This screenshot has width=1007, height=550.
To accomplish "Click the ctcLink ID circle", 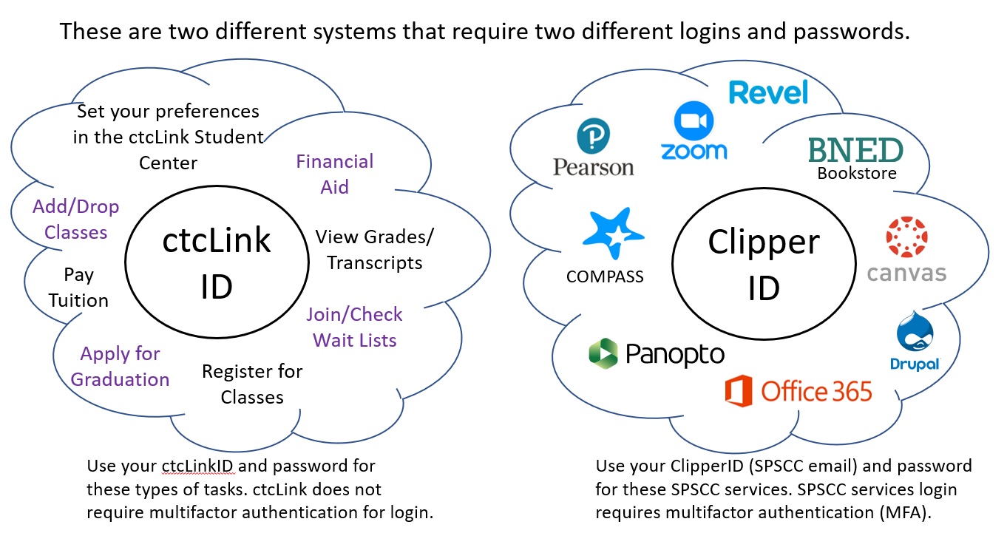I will pos(217,263).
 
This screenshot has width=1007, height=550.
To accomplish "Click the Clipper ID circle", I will pos(764,264).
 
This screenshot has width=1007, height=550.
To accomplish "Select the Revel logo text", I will pos(768,93).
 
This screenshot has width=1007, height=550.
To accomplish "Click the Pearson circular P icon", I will pos(593,137).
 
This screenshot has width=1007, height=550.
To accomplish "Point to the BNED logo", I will pos(855,149).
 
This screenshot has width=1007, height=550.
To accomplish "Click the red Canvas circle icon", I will pos(906,237).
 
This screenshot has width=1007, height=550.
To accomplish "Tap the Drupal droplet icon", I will pos(915,335).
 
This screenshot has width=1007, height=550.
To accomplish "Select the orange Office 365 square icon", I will pos(738,391).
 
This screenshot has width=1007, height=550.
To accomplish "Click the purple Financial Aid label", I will pos(335,174).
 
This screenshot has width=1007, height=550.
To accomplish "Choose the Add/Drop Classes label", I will pos(76,220).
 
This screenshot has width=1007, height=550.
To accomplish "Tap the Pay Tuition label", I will pos(78,288).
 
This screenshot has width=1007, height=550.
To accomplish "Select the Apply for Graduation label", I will pos(121,367).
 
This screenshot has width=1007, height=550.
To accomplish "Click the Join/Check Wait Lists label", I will pos(355,327).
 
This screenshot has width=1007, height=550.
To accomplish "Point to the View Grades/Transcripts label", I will pos(375,250).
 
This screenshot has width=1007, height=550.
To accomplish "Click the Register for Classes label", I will pos(252,384).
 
